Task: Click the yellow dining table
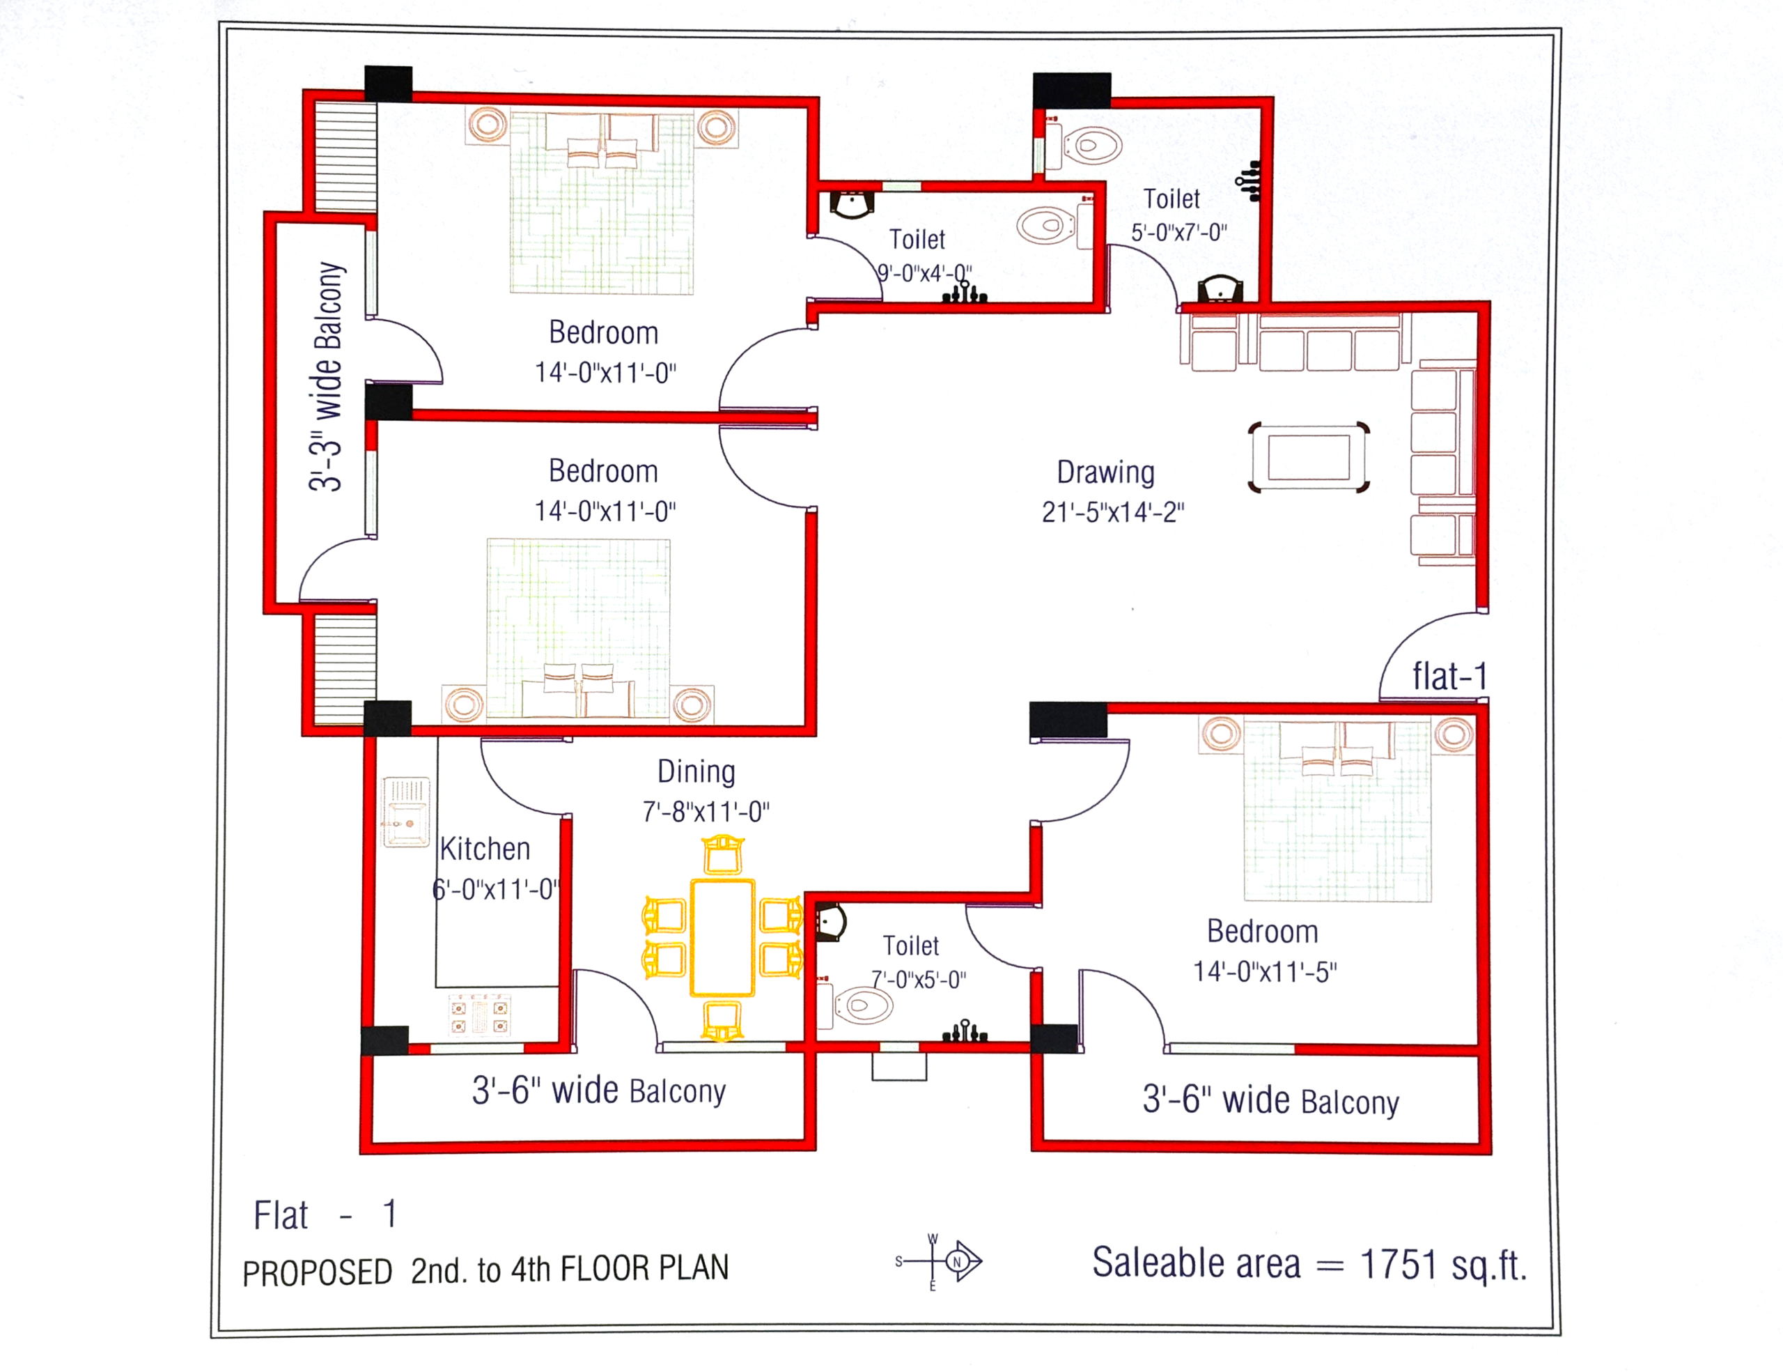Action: coord(722,937)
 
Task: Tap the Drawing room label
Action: coord(1105,472)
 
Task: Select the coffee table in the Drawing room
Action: coord(1309,457)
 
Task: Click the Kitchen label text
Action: coord(485,849)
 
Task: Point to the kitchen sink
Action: coord(406,812)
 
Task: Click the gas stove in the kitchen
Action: coord(480,1015)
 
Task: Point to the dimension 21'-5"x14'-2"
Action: coord(1113,512)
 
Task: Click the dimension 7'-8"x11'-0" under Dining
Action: coord(706,812)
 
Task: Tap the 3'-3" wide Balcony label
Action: coord(327,376)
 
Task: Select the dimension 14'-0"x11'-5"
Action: coord(1265,971)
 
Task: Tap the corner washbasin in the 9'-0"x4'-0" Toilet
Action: coord(852,204)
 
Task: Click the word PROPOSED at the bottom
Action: coord(318,1272)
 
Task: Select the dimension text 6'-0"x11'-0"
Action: coord(496,888)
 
